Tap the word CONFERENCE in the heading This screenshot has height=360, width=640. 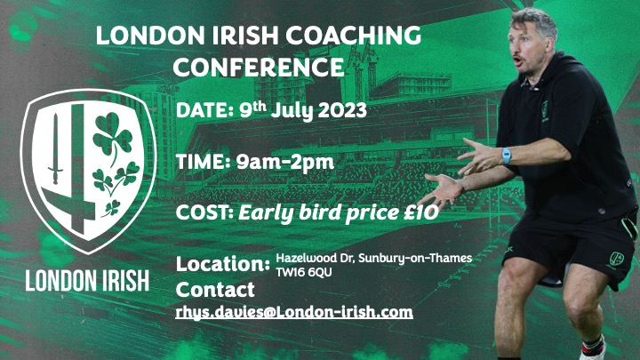[258, 67]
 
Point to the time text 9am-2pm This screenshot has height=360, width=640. [281, 162]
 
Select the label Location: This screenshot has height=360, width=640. [223, 265]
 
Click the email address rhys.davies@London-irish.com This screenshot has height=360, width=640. [294, 312]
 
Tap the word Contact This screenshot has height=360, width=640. [215, 290]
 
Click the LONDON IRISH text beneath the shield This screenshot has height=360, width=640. [87, 280]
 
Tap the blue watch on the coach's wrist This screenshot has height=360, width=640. [507, 156]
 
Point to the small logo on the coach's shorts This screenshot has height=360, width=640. [616, 259]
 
